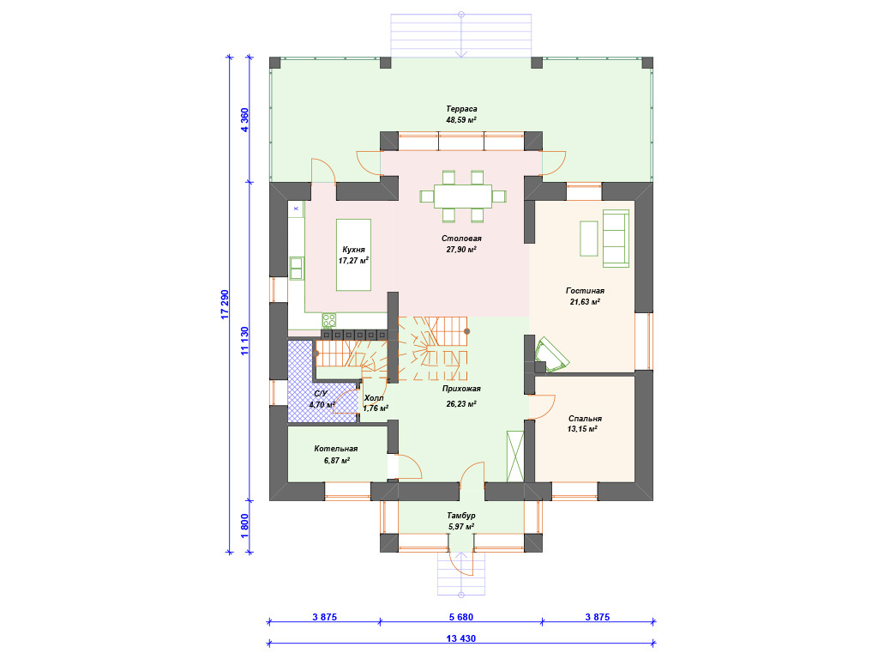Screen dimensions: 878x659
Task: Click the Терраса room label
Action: [x=461, y=109]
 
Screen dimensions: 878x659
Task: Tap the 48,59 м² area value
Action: [x=461, y=120]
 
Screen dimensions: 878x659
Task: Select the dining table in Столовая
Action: [x=463, y=196]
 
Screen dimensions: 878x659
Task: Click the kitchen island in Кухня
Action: [x=353, y=255]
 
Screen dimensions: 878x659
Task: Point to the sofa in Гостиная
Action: [x=616, y=239]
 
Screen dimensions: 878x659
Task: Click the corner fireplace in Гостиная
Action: [x=551, y=355]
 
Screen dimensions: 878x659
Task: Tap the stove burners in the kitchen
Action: [x=329, y=321]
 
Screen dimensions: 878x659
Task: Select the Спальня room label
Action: [x=585, y=419]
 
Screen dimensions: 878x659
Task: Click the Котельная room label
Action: [x=336, y=449]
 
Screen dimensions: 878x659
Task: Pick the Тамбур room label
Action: [x=461, y=516]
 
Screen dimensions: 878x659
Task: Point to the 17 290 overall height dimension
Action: [x=226, y=305]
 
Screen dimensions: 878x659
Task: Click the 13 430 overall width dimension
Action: [x=461, y=638]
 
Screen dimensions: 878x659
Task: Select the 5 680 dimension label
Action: [x=461, y=617]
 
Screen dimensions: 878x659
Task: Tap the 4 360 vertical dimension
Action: [x=244, y=120]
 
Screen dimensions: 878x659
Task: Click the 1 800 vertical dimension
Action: [x=244, y=526]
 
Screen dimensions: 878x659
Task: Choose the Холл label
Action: [x=374, y=398]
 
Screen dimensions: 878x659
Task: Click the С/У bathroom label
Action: [x=321, y=393]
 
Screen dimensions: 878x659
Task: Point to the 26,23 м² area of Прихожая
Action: [x=461, y=404]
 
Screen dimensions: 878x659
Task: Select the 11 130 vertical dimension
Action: [x=244, y=342]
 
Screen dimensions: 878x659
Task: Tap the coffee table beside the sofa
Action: [x=589, y=239]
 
